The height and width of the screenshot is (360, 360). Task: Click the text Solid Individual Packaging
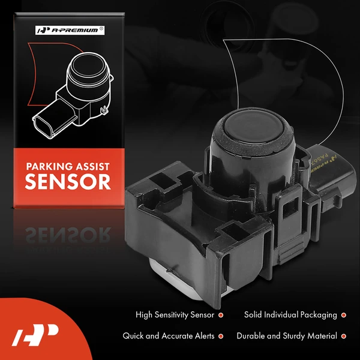(290, 314)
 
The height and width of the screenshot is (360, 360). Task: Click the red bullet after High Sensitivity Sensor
(221, 315)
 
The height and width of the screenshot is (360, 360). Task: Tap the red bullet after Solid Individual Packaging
(343, 315)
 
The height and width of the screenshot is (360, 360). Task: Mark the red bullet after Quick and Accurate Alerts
(221, 337)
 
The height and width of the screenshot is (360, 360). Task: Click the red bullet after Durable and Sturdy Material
(343, 337)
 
